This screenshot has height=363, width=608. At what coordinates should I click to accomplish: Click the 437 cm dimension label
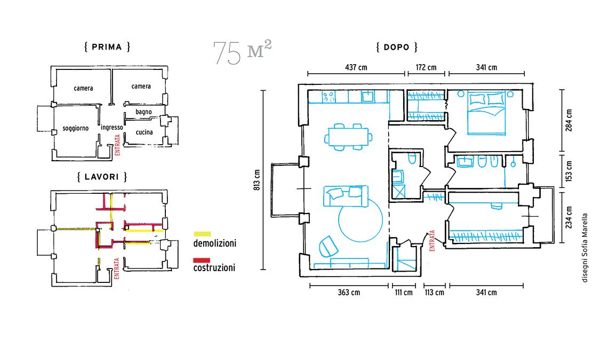(x=356, y=68)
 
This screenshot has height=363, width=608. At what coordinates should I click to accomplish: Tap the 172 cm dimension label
(x=426, y=68)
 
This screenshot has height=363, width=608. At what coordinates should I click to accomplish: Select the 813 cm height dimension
(x=257, y=180)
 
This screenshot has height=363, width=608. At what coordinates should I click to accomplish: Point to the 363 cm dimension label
(x=349, y=293)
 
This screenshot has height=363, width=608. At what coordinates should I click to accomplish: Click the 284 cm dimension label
(x=569, y=120)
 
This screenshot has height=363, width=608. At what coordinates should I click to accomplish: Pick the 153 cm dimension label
(x=569, y=171)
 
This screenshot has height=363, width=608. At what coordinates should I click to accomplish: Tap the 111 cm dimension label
(x=404, y=293)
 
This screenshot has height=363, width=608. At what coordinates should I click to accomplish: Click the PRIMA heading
(x=107, y=47)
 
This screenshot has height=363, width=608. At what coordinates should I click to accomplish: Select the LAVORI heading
(x=102, y=177)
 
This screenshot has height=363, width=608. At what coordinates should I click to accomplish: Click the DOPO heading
(x=397, y=48)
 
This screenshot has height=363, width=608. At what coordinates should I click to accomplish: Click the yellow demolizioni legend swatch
(x=202, y=234)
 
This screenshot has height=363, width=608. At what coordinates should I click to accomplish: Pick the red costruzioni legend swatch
(x=202, y=260)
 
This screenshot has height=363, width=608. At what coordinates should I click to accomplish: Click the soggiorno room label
(x=76, y=128)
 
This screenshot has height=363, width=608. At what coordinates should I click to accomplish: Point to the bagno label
(x=143, y=112)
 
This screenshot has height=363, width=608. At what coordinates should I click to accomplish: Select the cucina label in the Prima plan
(x=144, y=132)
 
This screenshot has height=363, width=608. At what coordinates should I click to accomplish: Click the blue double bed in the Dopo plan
(x=486, y=113)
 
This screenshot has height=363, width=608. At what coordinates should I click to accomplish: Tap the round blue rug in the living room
(x=361, y=219)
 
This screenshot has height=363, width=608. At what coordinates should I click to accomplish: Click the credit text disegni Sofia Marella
(x=585, y=248)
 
